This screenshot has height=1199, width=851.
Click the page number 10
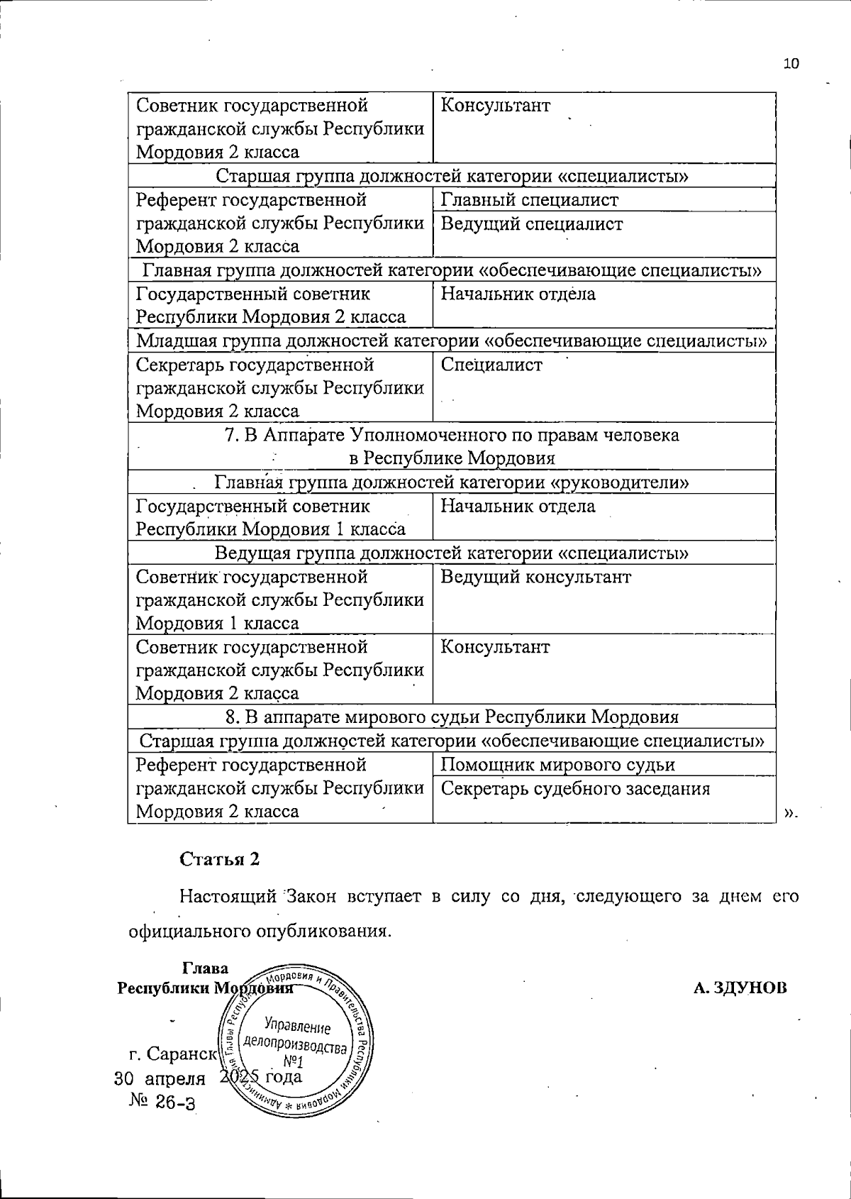[791, 64]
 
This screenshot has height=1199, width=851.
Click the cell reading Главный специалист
[529, 200]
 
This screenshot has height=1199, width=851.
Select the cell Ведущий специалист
[532, 224]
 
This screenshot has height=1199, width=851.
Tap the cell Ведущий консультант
[535, 577]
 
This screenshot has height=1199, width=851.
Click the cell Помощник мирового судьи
[557, 765]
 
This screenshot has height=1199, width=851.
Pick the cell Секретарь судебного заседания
[575, 789]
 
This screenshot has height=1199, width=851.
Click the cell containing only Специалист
[491, 365]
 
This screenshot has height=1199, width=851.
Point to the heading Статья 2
[220, 859]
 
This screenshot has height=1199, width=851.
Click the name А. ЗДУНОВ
[740, 988]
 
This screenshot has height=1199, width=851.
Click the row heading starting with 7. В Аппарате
[452, 446]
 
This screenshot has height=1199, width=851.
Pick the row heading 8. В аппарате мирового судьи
[452, 717]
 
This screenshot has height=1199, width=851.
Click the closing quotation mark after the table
[791, 813]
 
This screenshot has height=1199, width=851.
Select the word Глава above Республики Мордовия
[206, 968]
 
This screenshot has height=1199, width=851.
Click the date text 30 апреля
[160, 1078]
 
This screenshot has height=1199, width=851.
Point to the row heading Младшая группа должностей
[452, 341]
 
